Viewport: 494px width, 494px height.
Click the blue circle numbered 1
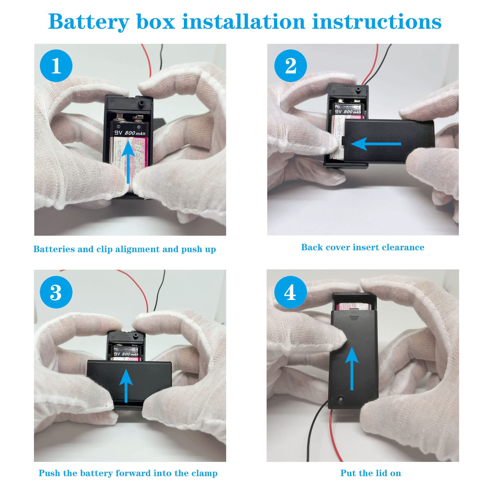[56, 66]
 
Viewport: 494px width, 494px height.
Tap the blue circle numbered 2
[290, 66]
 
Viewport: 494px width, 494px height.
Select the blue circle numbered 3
[56, 292]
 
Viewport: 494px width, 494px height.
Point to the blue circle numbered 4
[290, 292]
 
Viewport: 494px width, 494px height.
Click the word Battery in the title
[89, 22]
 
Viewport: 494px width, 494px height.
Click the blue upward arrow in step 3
[126, 386]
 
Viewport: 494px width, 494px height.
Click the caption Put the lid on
[371, 473]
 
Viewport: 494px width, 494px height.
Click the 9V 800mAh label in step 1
[130, 133]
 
